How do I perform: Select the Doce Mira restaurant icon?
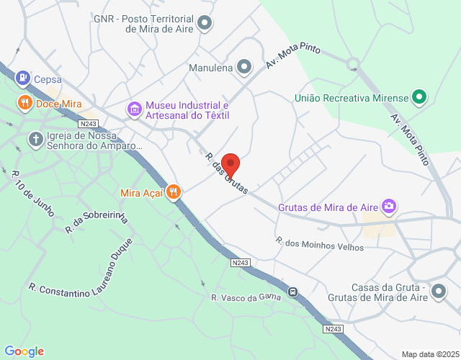point(24,103)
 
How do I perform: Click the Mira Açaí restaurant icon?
point(173,192)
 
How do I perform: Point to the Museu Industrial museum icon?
point(134,109)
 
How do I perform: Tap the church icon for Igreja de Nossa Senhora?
point(35,139)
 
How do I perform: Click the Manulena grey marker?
point(244,68)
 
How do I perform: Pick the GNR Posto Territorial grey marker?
point(205,23)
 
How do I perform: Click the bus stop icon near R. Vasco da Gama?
point(292,292)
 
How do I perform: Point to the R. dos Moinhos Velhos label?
point(320,244)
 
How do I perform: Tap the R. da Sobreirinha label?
point(96,222)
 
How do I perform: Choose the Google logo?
point(24,351)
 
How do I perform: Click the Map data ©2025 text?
point(429,354)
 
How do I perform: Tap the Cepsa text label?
point(48,79)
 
